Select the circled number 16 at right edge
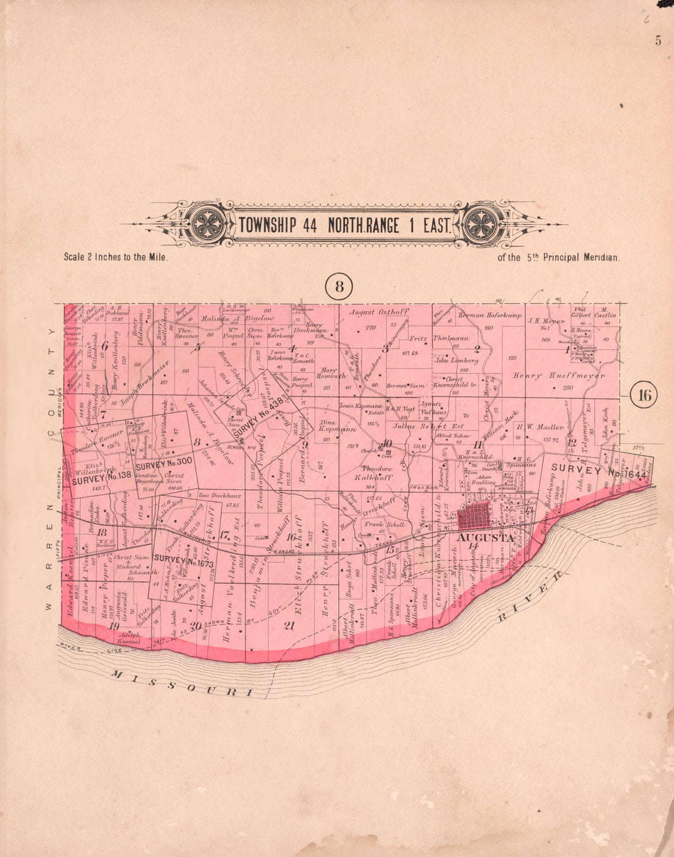645,395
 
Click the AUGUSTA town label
485,537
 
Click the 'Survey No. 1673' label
183,559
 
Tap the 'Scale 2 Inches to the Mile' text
116,257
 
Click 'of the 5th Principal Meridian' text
558,258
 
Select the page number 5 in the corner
658,41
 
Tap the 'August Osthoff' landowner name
378,312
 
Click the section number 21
289,625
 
